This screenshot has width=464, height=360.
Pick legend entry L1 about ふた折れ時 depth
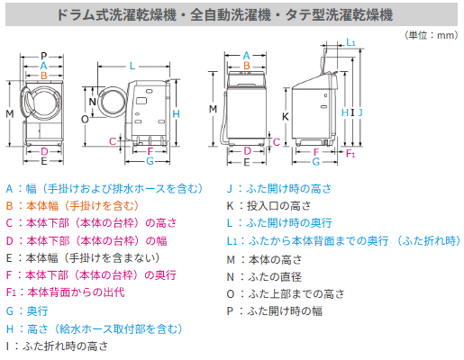coord(342,240)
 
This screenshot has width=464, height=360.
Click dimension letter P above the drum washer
coord(42,57)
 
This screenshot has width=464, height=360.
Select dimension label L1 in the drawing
coord(350,44)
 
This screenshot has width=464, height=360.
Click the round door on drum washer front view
coord(42,102)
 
